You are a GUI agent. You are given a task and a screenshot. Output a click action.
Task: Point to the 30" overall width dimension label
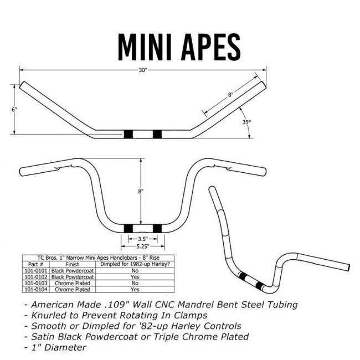click(x=142, y=70)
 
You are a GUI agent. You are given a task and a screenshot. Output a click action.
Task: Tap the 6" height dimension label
click(x=14, y=109)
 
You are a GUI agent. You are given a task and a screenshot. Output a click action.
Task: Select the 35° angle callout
click(x=246, y=121)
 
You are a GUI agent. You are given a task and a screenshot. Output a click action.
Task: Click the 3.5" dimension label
click(x=142, y=239)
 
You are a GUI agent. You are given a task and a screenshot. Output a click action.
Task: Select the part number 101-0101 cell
click(x=34, y=271)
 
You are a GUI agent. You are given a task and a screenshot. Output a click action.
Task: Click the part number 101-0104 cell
click(x=34, y=289)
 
